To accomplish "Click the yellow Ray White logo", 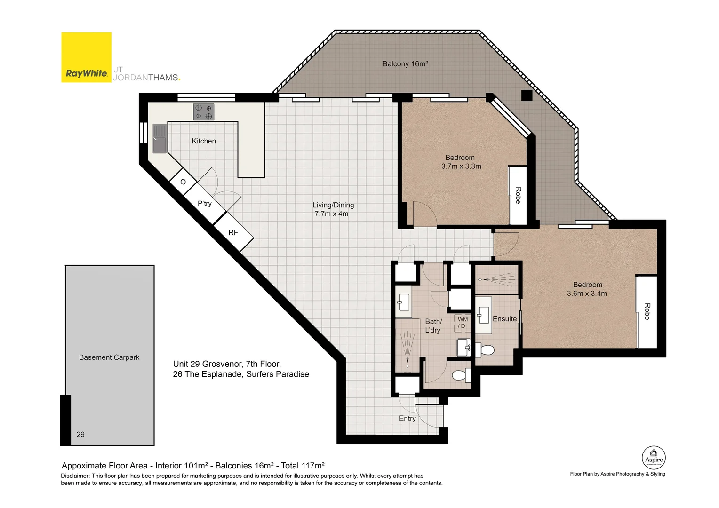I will click(86, 57).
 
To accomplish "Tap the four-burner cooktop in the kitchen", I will click(203, 111).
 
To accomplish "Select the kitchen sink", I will click(160, 138).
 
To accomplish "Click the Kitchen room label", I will click(204, 141).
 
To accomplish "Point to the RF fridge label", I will click(233, 233).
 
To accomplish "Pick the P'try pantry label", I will click(205, 204).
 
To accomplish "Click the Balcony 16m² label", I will click(405, 64).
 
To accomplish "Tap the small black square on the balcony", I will click(527, 95).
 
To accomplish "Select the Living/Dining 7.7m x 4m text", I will click(333, 209).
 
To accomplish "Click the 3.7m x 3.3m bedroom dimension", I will click(461, 167).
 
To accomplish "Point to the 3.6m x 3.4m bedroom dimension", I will click(587, 294).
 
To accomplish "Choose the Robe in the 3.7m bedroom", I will click(518, 195).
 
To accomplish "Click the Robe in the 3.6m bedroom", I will click(647, 311).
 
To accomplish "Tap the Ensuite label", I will click(504, 319).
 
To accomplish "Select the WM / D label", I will click(463, 323).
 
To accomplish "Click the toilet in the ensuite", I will click(485, 350).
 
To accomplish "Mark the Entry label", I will click(407, 419).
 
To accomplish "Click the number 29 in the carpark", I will click(80, 435).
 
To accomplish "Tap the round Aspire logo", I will click(654, 458).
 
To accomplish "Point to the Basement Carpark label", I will click(109, 357).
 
